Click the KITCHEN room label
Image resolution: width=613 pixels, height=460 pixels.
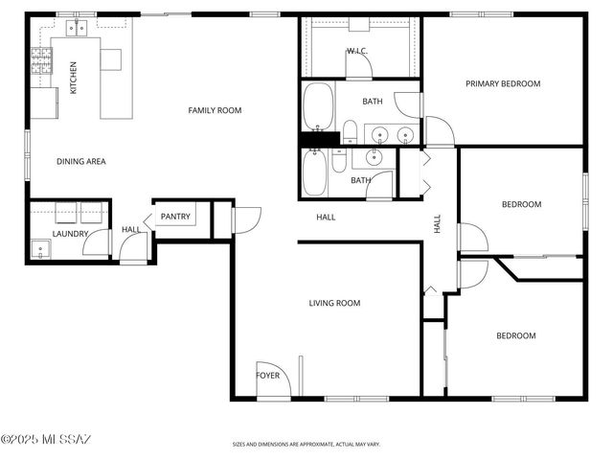pos(74,77)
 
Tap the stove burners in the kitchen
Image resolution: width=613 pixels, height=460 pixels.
pos(42,63)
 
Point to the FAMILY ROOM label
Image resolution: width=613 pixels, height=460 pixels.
pos(215,110)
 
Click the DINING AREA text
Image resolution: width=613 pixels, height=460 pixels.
pos(81,161)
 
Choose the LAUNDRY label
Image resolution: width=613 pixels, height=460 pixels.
pos(70,234)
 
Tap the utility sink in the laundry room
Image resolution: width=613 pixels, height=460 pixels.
pos(39,251)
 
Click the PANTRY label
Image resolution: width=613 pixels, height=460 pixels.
pos(175,217)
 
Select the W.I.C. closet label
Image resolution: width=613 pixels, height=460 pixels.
pos(358,51)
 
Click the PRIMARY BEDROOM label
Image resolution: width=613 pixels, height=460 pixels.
pos(503,83)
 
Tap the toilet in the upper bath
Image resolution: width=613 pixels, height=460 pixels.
pos(350,131)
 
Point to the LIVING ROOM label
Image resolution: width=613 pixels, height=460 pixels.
pos(334,303)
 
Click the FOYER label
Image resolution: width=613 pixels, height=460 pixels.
pos(268,375)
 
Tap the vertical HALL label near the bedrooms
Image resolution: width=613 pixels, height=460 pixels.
pos(437,224)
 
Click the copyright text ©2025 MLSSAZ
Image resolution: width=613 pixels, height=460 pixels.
pos(45,440)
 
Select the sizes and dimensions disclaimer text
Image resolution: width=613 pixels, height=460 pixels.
pos(306,445)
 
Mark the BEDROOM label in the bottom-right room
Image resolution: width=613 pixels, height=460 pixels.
pos(515,335)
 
